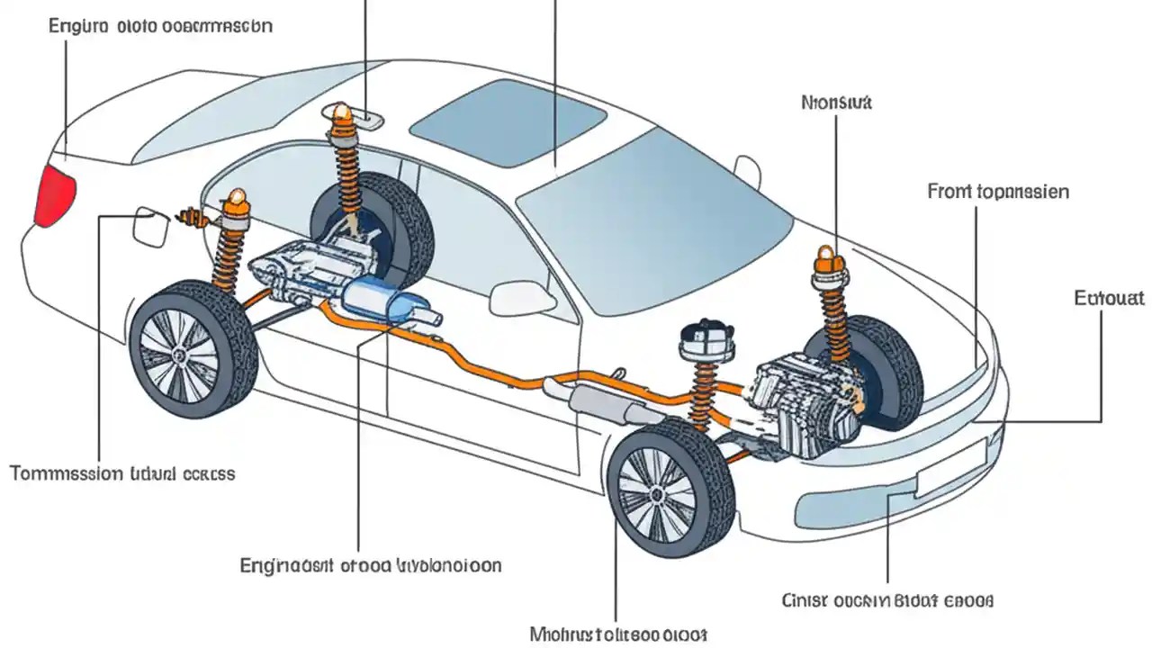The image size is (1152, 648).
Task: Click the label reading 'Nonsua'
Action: tap(836, 103)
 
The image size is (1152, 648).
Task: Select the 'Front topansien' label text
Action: tap(998, 192)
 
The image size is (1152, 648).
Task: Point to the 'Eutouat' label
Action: tap(1109, 297)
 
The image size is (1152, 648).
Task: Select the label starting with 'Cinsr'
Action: tap(886, 599)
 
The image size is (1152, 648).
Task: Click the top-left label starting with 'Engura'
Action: tap(159, 25)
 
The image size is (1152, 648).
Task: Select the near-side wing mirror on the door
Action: tap(523, 297)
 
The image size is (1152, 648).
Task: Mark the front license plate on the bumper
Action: tap(949, 468)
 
